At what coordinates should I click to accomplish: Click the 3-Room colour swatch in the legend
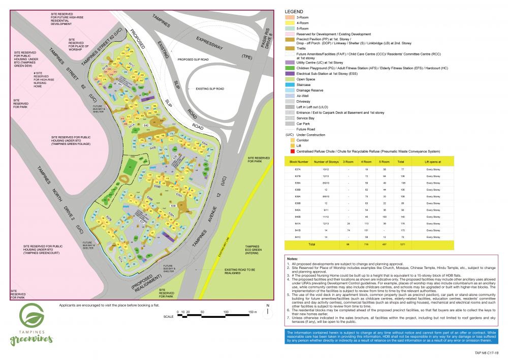289,17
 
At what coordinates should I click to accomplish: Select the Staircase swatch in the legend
289,84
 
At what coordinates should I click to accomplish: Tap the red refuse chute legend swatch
289,152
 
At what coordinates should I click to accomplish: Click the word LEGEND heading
294,11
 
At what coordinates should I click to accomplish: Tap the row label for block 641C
298,236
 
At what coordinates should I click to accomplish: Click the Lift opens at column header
433,162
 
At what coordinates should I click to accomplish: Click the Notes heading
292,259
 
